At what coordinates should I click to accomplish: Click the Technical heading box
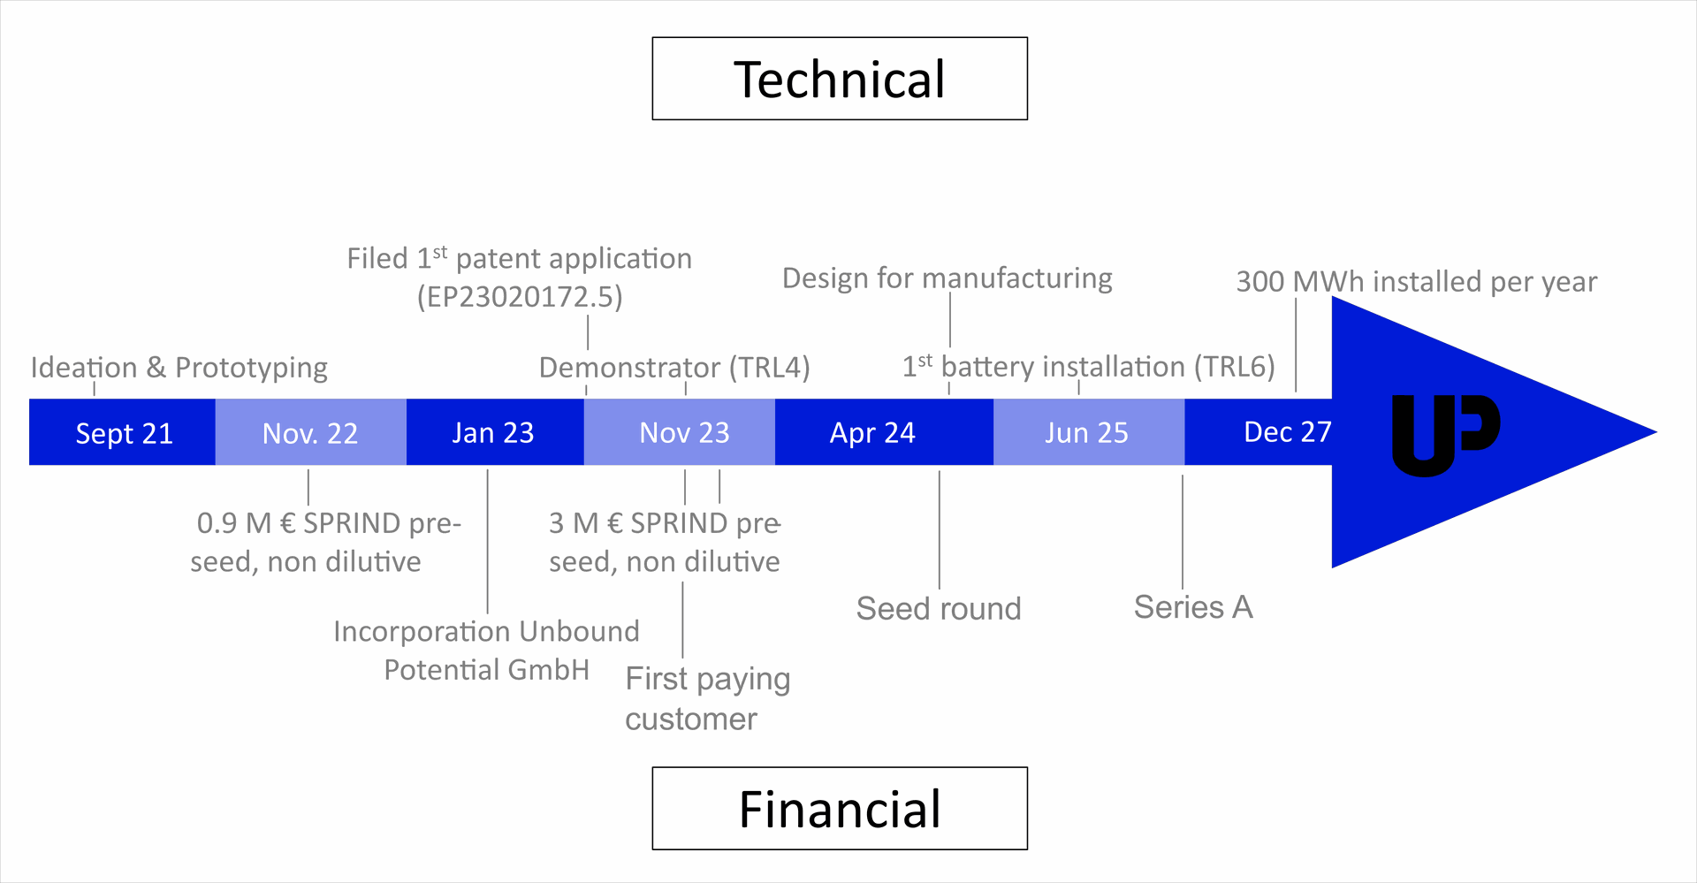click(839, 79)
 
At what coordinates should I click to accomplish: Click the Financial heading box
click(839, 809)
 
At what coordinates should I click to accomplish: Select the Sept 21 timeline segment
click(123, 432)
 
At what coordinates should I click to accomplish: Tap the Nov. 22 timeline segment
click(310, 432)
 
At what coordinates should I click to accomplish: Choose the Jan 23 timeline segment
click(493, 432)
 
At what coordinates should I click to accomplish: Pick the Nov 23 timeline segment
click(683, 432)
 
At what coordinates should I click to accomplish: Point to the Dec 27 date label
click(1287, 431)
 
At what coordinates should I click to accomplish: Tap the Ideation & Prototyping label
click(179, 368)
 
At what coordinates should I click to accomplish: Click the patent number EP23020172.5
click(520, 297)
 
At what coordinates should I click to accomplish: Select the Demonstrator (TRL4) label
click(674, 368)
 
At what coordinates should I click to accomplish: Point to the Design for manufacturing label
click(947, 278)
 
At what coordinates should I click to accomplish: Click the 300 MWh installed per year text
click(1416, 282)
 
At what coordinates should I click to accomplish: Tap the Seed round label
click(939, 608)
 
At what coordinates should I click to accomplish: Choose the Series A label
click(1193, 607)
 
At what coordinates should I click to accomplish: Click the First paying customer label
click(706, 698)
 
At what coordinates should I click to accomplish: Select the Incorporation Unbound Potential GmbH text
click(486, 651)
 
